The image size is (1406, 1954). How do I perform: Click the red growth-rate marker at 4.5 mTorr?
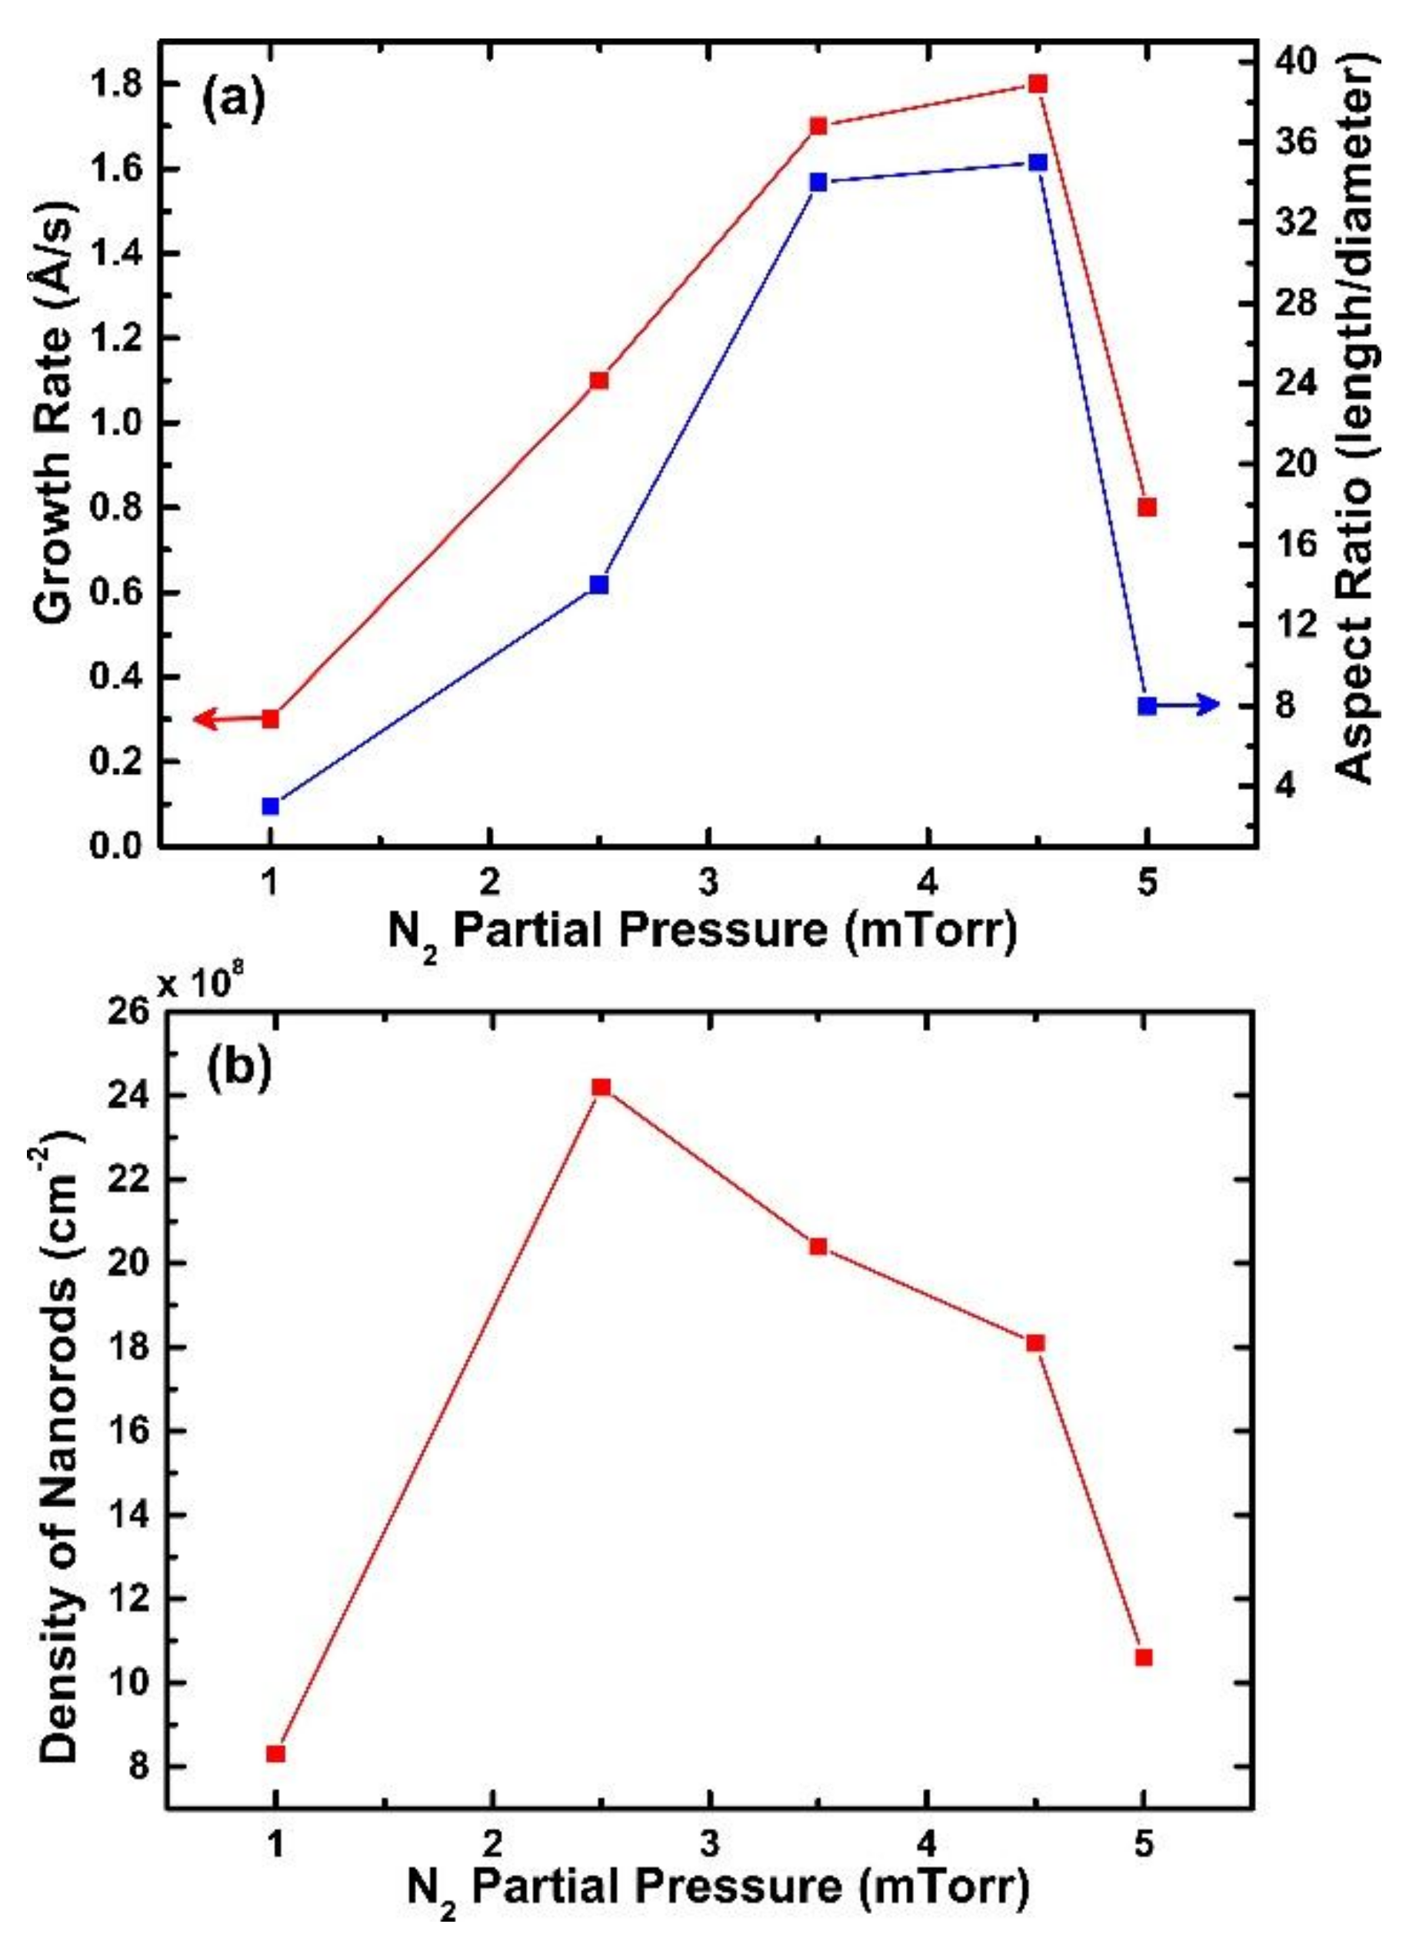(1038, 84)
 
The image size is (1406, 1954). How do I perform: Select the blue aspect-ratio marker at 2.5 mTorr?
(600, 585)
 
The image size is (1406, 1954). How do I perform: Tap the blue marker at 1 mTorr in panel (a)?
(271, 805)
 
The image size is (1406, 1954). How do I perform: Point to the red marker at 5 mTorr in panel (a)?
(1146, 507)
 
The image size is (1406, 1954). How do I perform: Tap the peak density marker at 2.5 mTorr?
(601, 1087)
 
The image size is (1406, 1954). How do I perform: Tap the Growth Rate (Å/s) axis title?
(58, 414)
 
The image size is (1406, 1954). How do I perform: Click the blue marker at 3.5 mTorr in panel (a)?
(818, 182)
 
